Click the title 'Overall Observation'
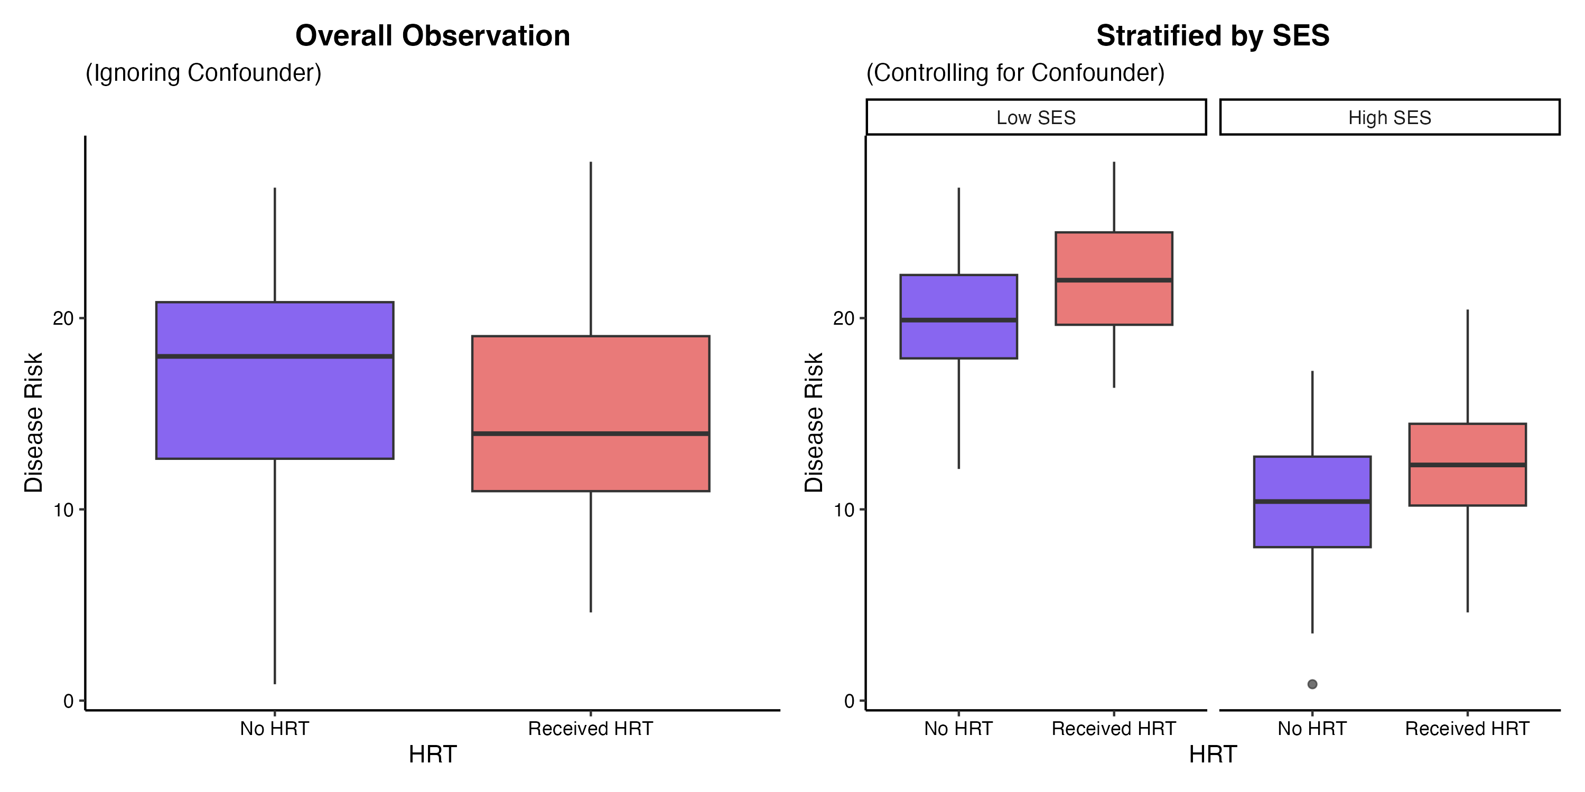(433, 36)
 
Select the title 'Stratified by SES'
(1213, 36)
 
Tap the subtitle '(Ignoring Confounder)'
(203, 72)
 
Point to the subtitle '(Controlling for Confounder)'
(1015, 72)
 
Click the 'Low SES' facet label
(1036, 117)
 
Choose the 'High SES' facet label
(1390, 117)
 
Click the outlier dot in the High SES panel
(1312, 684)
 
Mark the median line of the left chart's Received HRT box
(591, 434)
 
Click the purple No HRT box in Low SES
(958, 317)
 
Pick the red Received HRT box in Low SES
(1114, 279)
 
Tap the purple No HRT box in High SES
(1312, 502)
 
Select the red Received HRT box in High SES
(1468, 465)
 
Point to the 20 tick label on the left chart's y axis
(63, 318)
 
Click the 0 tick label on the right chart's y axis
(849, 702)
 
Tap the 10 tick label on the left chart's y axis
(63, 510)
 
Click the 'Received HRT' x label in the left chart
(591, 729)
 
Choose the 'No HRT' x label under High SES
(1312, 729)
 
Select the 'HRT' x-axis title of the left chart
(433, 755)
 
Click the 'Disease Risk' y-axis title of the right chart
(814, 422)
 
